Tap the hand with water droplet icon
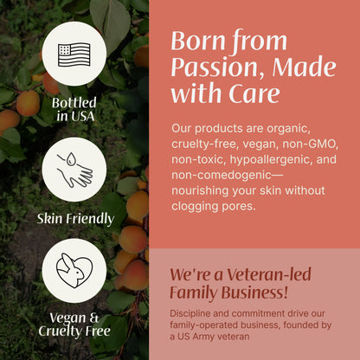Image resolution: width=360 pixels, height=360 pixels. point(74,169)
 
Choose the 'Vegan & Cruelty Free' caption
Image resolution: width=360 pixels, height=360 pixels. point(74,325)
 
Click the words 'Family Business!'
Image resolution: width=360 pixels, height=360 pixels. point(228,294)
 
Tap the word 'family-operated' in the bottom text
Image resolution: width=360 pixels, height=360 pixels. point(209,325)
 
